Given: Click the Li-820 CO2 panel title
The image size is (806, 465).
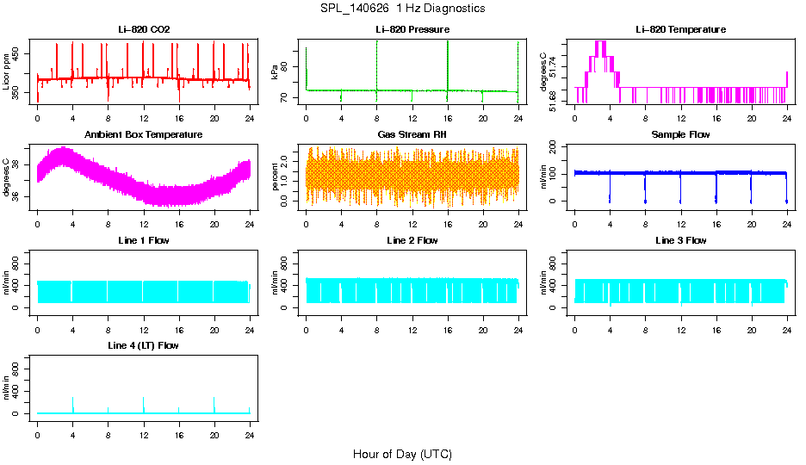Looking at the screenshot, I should [144, 30].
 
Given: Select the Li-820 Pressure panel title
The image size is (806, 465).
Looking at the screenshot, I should [412, 30].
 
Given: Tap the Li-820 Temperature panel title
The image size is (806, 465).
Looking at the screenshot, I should [680, 30].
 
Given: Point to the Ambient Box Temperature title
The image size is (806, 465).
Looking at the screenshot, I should [144, 135].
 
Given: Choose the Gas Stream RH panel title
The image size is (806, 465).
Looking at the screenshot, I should [412, 135].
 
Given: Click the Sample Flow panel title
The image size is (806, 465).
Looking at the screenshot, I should [680, 135].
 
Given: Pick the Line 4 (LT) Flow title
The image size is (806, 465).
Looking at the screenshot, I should [144, 345].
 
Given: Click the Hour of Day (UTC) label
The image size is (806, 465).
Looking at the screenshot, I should [402, 454].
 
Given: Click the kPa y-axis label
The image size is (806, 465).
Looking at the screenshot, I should [276, 72].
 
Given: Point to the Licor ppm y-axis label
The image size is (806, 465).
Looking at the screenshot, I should [7, 72].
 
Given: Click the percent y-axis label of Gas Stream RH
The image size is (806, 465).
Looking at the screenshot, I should [276, 177].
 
